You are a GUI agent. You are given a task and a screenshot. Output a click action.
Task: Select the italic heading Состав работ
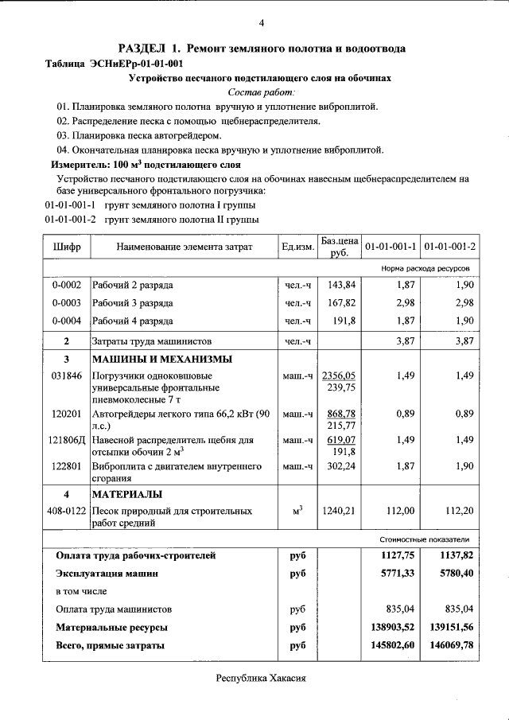261,92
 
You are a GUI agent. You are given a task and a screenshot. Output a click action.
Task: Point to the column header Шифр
67,247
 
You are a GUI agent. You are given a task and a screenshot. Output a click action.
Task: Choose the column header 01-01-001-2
449,247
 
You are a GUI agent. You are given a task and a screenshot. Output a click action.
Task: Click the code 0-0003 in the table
67,302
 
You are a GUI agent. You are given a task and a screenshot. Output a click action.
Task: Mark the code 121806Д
67,439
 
